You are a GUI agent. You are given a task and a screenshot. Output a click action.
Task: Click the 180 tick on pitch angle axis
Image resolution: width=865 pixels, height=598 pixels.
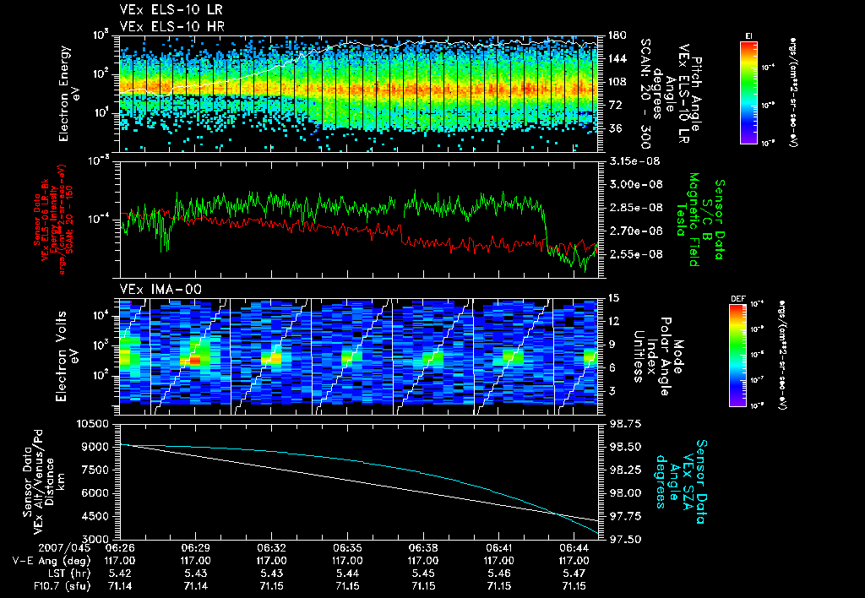coord(616,35)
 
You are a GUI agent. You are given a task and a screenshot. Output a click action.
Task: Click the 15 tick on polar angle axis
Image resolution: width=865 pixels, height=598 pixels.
coord(613,297)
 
